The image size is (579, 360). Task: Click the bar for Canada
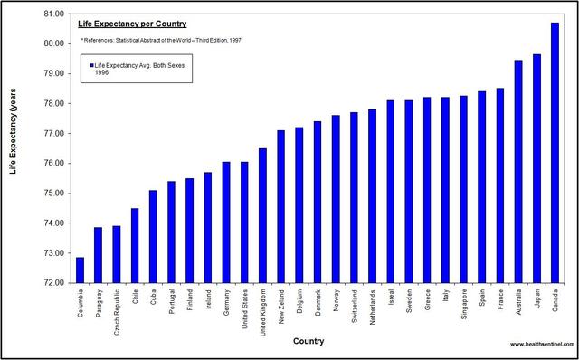pos(555,153)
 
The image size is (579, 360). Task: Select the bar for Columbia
pos(80,270)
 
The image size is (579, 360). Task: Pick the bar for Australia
pos(518,171)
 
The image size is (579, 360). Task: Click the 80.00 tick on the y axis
pos(52,43)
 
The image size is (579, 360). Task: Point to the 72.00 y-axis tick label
pos(52,282)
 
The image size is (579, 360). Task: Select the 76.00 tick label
pos(52,163)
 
